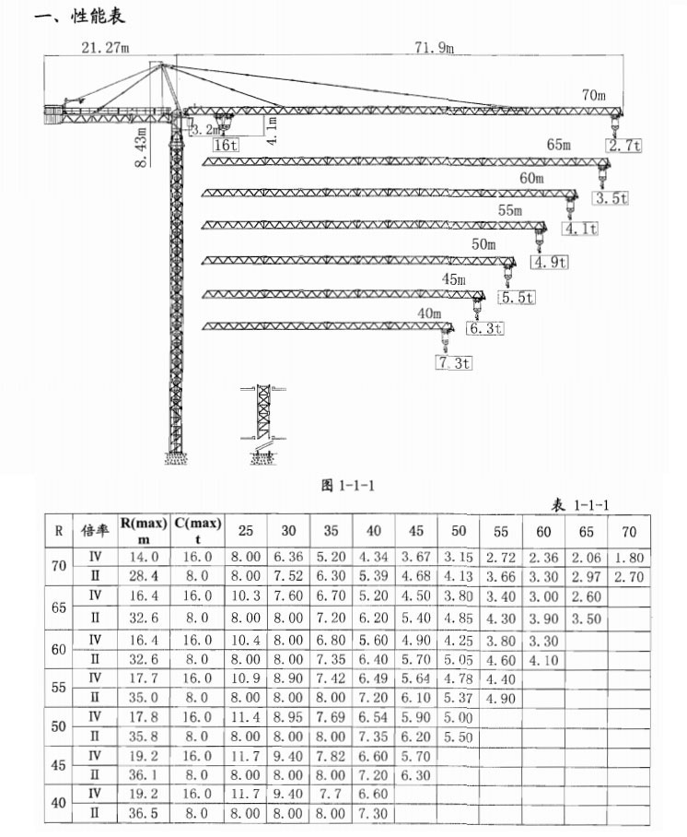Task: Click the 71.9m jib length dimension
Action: click(x=434, y=48)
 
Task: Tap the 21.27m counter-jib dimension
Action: click(x=105, y=48)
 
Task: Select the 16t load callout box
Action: click(x=226, y=145)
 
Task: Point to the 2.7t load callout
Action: click(x=624, y=146)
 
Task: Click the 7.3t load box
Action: click(x=454, y=363)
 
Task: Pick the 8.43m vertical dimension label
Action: click(x=141, y=147)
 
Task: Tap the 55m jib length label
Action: click(x=510, y=210)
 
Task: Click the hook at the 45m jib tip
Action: click(x=476, y=309)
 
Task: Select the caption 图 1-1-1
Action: click(x=348, y=485)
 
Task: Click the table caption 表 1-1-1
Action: click(x=580, y=504)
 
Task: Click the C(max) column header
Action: click(x=198, y=530)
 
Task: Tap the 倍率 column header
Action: click(x=95, y=530)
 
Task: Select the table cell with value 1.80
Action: click(x=629, y=558)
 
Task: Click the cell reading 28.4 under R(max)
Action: click(x=144, y=576)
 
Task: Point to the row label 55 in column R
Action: click(x=59, y=687)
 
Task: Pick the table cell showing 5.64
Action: click(x=415, y=678)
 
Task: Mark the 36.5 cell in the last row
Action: click(x=144, y=813)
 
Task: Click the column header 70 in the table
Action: click(x=629, y=532)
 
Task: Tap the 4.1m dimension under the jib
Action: click(x=272, y=131)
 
